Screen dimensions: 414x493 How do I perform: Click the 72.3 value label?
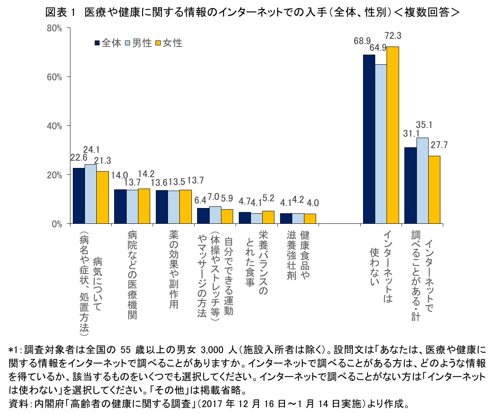tap(393, 36)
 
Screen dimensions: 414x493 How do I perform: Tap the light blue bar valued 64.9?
tap(381, 144)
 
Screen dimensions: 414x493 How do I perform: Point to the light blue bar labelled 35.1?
tap(423, 180)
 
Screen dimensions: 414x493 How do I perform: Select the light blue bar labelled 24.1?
tap(91, 194)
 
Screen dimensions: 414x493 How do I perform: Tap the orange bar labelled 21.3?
tap(102, 197)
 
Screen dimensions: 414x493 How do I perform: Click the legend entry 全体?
tap(108, 43)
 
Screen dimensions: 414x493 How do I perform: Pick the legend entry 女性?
tap(169, 43)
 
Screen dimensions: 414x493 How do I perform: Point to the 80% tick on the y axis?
tap(54, 28)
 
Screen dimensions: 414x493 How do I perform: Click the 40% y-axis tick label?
tap(54, 126)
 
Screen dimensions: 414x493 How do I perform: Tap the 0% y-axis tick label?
tap(56, 224)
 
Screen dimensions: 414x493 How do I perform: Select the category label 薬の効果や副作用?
tap(174, 270)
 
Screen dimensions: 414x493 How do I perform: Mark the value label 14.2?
tap(146, 174)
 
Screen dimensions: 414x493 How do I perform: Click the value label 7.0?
tap(213, 197)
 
